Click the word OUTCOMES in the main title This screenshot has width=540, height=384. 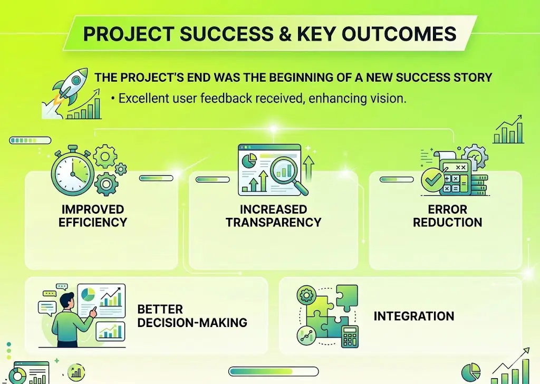tap(399, 33)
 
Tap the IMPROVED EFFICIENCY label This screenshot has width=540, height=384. tap(93, 216)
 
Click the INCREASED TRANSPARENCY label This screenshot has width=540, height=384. tap(273, 216)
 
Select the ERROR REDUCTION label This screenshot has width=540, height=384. tap(447, 216)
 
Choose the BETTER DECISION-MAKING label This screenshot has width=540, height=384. tap(192, 315)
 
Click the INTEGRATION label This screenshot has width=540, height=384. tap(413, 316)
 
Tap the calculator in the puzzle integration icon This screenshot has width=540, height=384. tap(348, 335)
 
